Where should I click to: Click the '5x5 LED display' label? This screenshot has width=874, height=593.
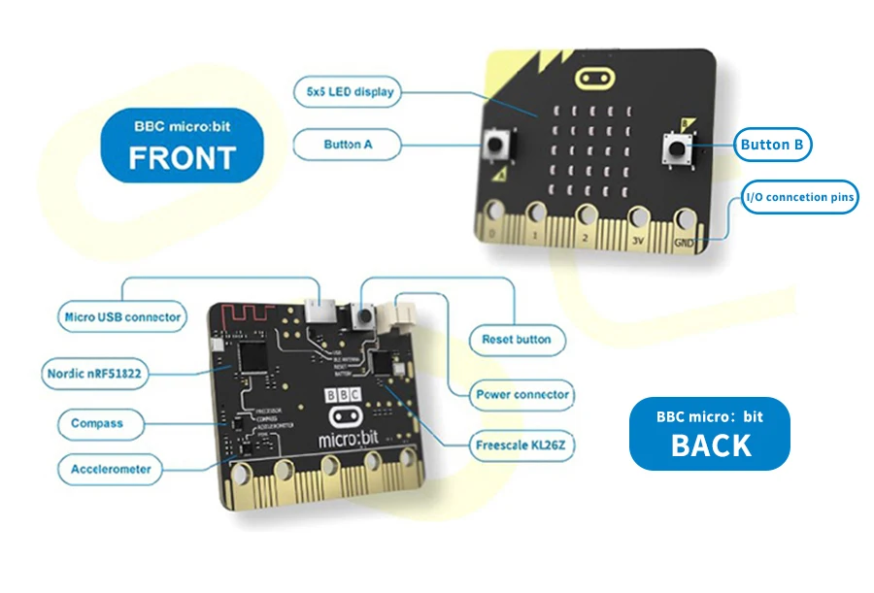(347, 92)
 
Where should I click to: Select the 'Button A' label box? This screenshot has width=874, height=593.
(347, 146)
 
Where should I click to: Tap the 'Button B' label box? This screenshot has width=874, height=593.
(771, 146)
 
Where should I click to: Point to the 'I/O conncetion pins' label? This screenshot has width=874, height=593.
(799, 198)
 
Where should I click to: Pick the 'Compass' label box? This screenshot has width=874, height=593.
(96, 423)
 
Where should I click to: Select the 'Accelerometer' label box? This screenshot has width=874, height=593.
(111, 470)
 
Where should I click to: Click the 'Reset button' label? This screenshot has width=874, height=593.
(516, 340)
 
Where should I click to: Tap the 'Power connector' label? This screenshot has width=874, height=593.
(522, 395)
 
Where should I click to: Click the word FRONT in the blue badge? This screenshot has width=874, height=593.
(183, 157)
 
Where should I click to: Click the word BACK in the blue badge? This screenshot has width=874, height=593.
(710, 445)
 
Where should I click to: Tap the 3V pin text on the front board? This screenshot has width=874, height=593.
(637, 237)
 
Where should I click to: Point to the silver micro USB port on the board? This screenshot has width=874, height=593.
(319, 310)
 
